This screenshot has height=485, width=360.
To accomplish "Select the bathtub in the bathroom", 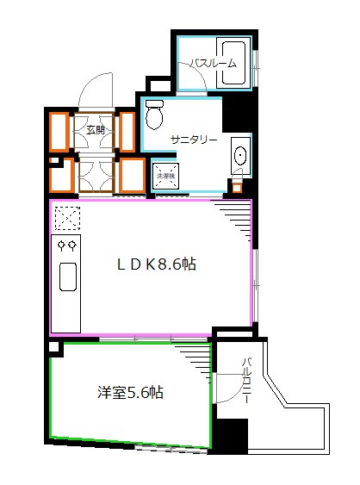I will tap(234, 63).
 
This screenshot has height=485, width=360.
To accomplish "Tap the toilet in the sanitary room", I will tap(154, 114).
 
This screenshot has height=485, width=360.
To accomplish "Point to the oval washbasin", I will tap(239, 157).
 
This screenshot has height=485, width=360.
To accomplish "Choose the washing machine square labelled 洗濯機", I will tap(164, 175).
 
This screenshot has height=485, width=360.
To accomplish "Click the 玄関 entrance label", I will tap(96, 131).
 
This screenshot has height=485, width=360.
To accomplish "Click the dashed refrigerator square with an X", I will tap(65, 215).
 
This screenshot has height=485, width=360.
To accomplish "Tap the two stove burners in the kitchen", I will tap(65, 246).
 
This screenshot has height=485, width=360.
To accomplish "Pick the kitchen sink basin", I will tap(66, 277).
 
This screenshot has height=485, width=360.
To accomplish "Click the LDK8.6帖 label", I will tap(157, 265).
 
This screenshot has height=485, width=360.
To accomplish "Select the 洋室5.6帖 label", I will tap(129, 393).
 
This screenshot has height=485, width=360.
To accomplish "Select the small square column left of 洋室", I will tap(55, 348).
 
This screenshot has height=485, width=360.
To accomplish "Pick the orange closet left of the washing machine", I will tap(131, 175).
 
